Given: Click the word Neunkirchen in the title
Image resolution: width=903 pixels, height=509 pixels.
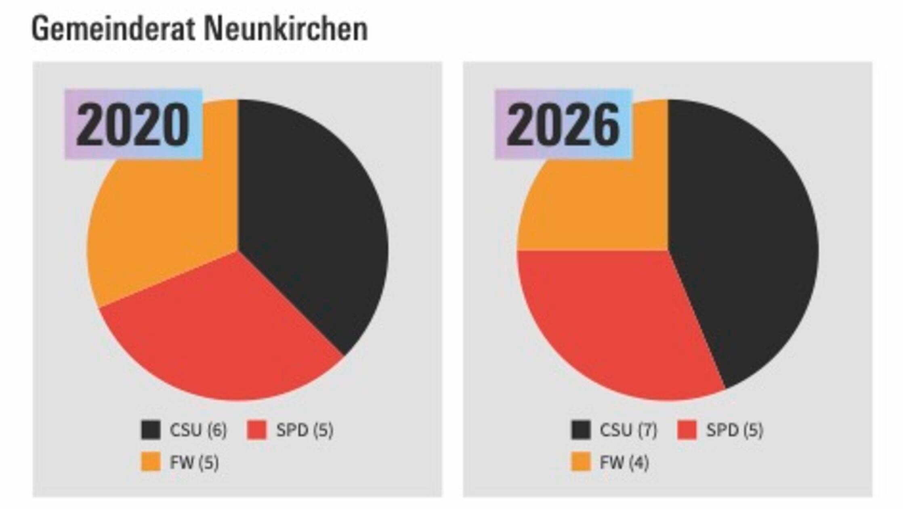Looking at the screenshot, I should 286,29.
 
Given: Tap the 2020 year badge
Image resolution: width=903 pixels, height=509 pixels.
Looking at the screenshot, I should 133,124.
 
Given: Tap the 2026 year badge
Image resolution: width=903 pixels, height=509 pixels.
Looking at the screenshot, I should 563,124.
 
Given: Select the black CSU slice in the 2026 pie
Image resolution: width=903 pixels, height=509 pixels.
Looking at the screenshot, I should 743,242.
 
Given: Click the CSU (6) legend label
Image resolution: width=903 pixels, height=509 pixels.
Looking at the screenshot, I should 198,430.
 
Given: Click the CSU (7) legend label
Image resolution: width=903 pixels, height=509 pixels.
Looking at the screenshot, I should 628,430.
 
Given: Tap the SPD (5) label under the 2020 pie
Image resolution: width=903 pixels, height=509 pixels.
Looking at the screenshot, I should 304,430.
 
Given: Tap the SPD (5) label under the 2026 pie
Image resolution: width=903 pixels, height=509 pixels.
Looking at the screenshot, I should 735,430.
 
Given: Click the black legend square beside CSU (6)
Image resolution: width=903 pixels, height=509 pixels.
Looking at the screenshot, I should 151,430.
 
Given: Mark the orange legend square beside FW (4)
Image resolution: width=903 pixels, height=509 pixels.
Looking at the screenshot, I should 581,462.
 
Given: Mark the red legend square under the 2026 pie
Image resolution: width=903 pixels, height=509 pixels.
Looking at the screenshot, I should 687,430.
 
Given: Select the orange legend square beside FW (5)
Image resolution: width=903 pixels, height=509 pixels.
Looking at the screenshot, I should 151,462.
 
